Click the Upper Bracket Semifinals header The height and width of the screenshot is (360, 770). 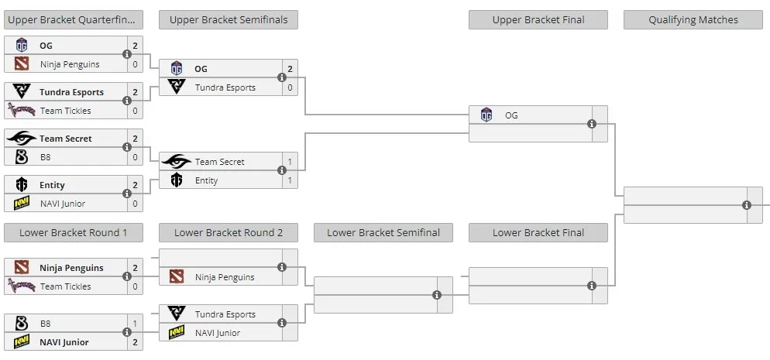coord(229,20)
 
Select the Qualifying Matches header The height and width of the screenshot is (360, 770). coord(693,20)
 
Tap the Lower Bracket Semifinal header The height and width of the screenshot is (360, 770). coord(383,233)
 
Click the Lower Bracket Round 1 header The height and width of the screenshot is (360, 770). coord(73,233)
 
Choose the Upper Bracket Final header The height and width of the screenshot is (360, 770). coord(538,20)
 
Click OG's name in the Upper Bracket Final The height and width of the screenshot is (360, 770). coord(511,116)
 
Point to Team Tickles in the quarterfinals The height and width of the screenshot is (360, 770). coord(65,111)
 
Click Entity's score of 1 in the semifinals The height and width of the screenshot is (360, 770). coord(290,180)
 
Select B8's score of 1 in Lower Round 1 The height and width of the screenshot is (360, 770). coord(135,324)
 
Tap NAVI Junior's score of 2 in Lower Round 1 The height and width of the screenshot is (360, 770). coord(135,342)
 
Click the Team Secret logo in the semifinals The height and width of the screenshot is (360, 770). coord(177,161)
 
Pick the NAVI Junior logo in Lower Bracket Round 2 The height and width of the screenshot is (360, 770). coord(177,333)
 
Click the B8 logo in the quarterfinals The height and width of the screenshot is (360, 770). coord(21,157)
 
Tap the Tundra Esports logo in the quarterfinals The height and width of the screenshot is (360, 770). coord(22,91)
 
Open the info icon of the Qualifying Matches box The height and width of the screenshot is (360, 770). coord(747,205)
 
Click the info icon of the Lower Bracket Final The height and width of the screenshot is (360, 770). coord(592,286)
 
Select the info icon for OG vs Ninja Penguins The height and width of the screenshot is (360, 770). coord(127,54)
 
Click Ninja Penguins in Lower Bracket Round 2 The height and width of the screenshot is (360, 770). coord(225,277)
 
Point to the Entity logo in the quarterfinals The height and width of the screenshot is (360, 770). coord(22,185)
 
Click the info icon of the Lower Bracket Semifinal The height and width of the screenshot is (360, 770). coord(437,295)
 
